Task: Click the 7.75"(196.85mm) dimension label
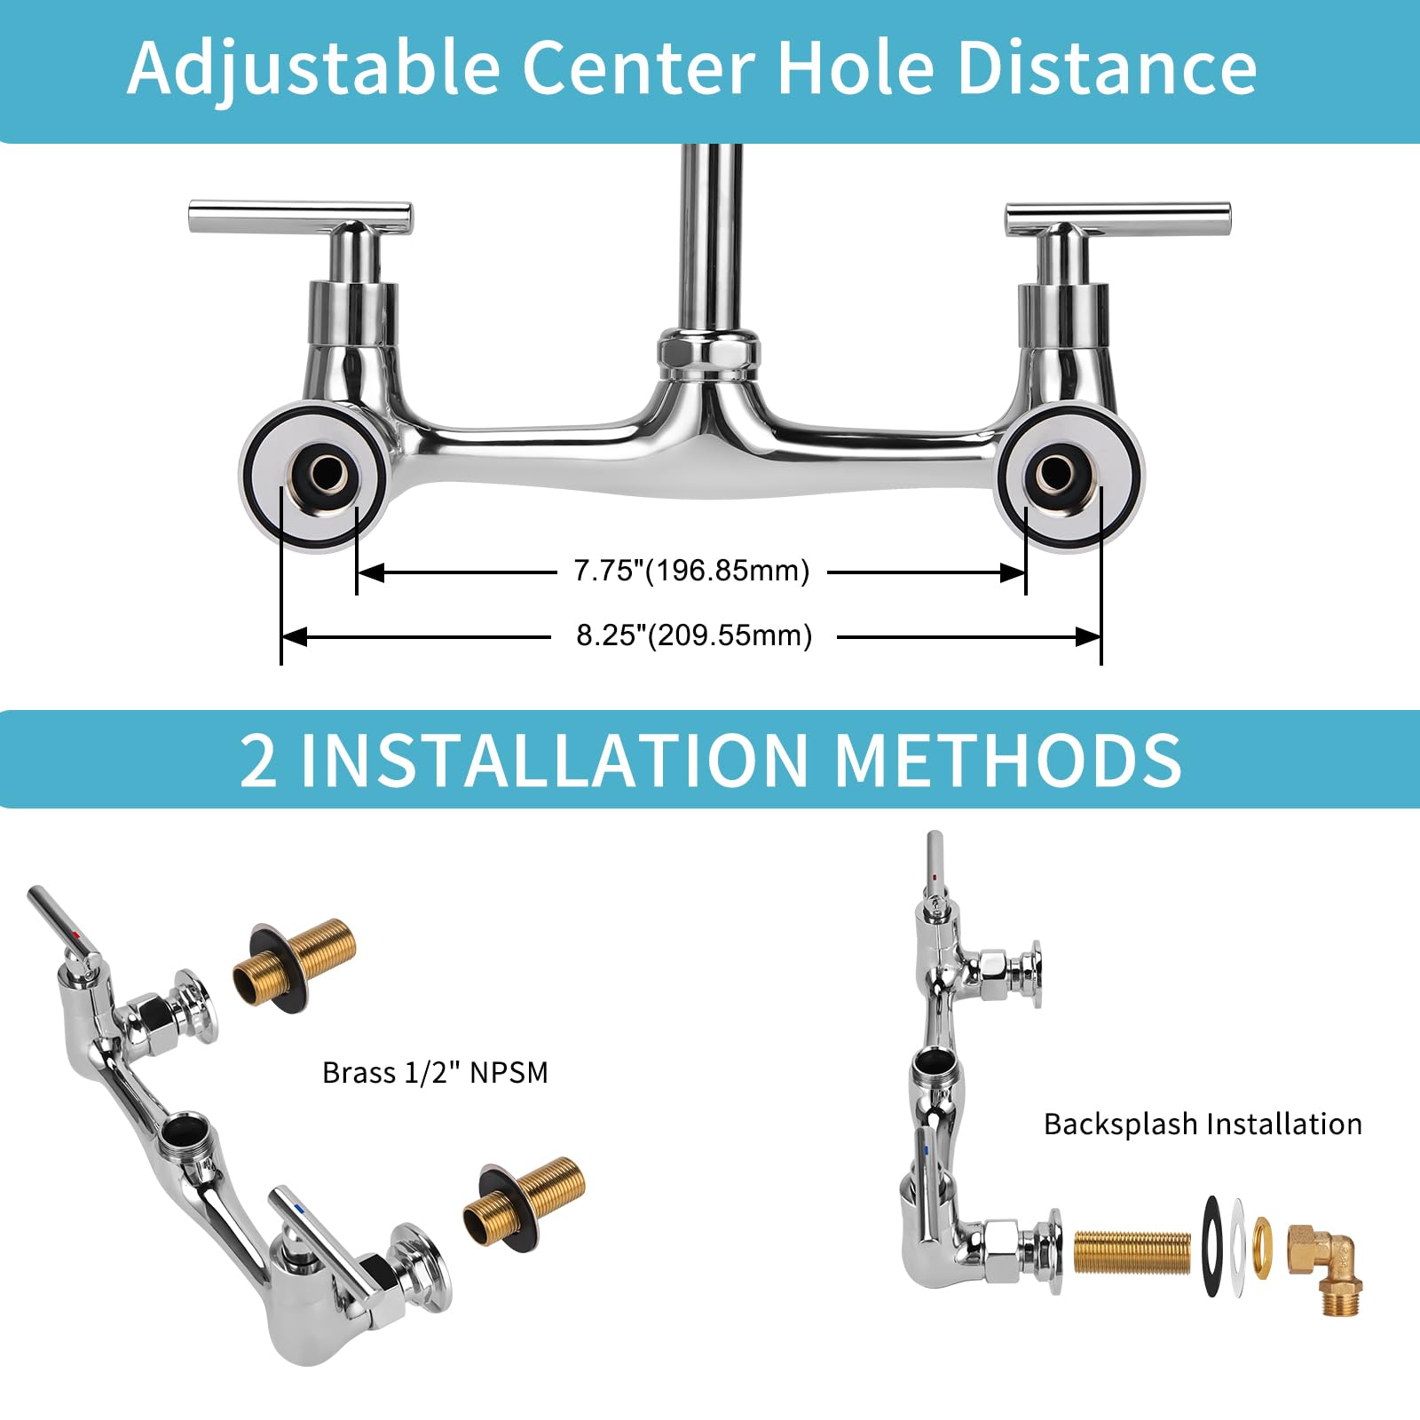tap(691, 571)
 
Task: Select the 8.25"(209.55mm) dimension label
tap(694, 635)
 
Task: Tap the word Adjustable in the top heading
tap(313, 68)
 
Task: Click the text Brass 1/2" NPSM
tap(435, 1073)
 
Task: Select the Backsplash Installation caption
tap(1203, 1124)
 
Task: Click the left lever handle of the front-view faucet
tap(300, 217)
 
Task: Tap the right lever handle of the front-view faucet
tap(1117, 217)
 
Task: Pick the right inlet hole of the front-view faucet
tap(1056, 474)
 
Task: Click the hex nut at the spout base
tap(708, 349)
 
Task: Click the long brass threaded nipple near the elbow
tap(1132, 1253)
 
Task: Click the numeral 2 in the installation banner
tap(258, 761)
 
